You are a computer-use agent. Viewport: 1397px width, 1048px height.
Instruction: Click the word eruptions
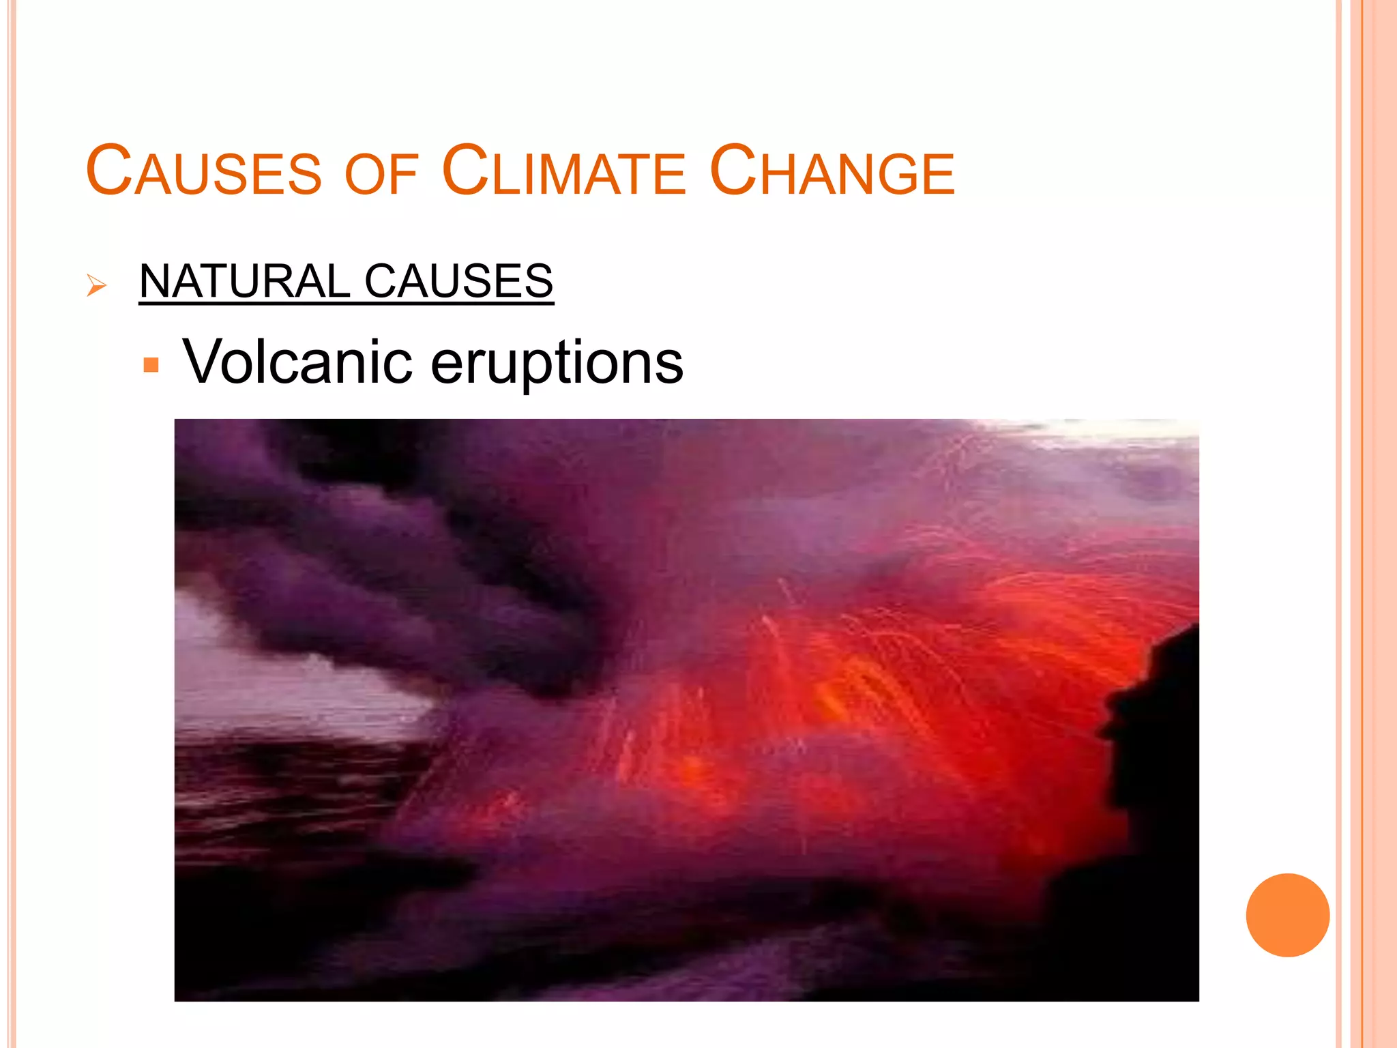click(557, 363)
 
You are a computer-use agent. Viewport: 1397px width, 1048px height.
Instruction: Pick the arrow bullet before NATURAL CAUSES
click(97, 285)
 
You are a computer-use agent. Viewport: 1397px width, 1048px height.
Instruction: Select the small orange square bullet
click(151, 364)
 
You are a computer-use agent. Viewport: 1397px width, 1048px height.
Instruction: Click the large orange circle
click(1287, 915)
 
